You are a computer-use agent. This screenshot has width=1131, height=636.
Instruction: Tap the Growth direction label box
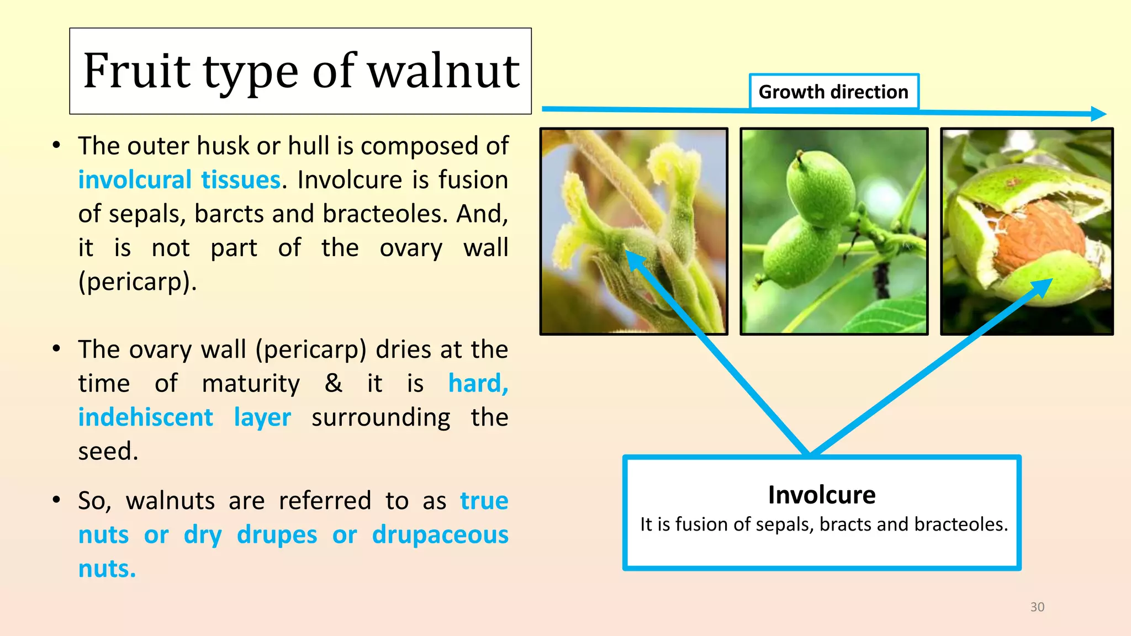coord(833,92)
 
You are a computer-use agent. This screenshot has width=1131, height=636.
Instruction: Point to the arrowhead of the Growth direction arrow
coord(1099,114)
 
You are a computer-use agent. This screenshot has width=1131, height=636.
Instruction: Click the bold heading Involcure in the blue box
coord(822,495)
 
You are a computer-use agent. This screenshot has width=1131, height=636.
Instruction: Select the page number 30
coord(1037,607)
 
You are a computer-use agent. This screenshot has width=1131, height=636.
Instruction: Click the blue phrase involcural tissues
coord(179,180)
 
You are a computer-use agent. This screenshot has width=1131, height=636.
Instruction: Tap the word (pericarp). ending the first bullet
coord(138,282)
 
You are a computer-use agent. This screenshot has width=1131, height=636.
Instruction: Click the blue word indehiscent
coord(145,417)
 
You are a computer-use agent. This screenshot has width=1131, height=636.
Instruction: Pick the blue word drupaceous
coord(440,534)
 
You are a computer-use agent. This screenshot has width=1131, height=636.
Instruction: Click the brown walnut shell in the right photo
coord(1038,237)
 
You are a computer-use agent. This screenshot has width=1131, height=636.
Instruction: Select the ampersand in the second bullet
coord(334,383)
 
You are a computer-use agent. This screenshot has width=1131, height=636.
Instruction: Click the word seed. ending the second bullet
coord(108,451)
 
